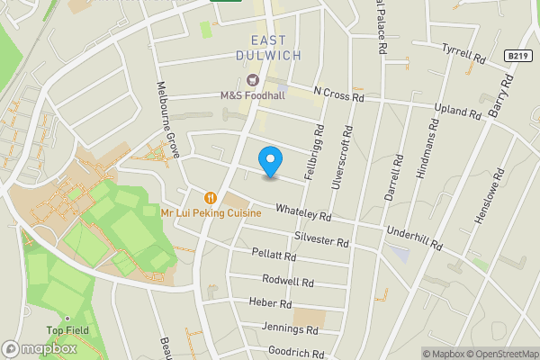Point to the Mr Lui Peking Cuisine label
click(211, 213)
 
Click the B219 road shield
click(516, 55)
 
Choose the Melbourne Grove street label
click(168, 123)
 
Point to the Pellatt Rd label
click(274, 256)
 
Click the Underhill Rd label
click(415, 238)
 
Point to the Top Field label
click(67, 330)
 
